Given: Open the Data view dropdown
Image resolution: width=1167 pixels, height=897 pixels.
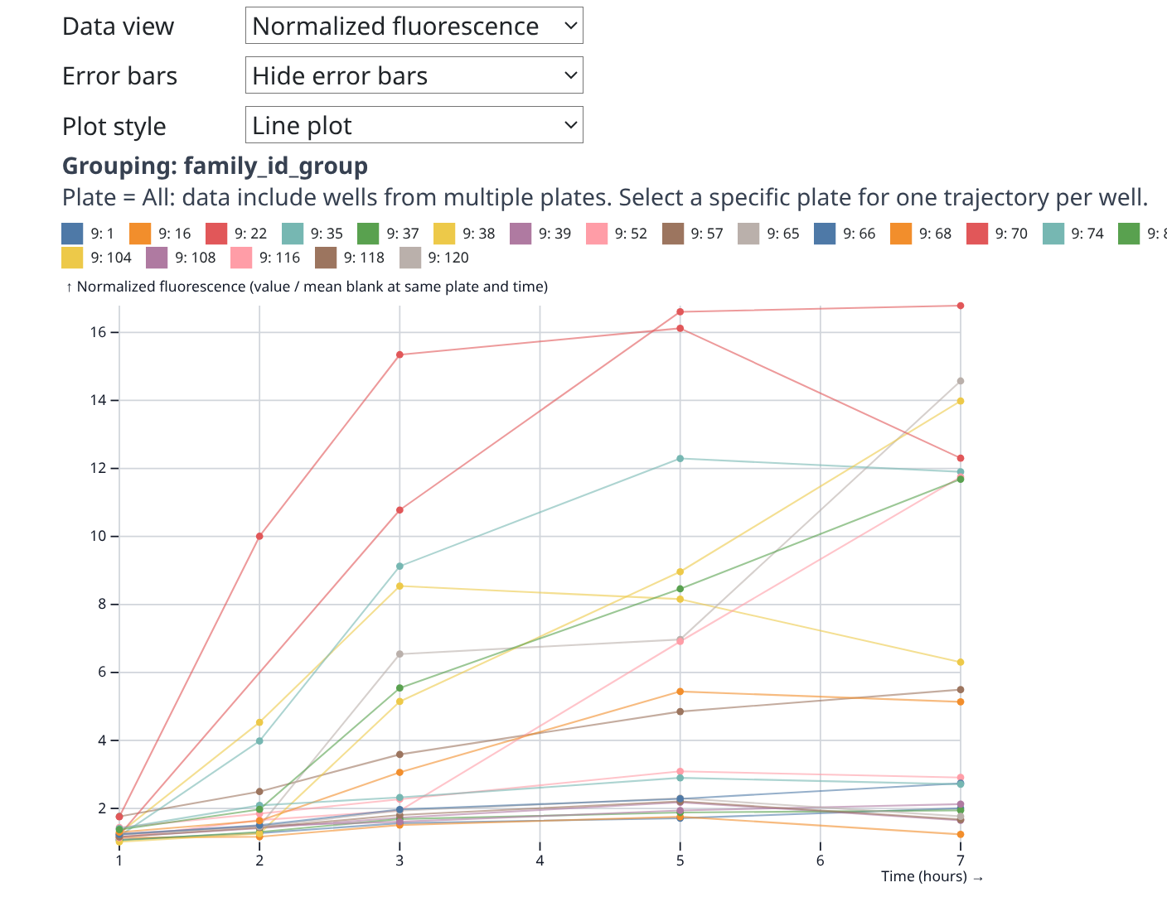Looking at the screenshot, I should pyautogui.click(x=414, y=26).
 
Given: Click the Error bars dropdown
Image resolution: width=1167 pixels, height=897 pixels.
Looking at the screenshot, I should pyautogui.click(x=414, y=75).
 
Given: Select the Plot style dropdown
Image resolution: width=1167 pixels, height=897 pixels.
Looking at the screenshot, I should pyautogui.click(x=414, y=125).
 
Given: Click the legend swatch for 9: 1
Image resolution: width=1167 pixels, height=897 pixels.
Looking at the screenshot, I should pyautogui.click(x=73, y=234).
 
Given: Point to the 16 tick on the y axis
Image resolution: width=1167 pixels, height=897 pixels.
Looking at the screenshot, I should pyautogui.click(x=99, y=332).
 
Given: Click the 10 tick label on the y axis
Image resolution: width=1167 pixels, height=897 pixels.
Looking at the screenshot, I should pyautogui.click(x=99, y=537).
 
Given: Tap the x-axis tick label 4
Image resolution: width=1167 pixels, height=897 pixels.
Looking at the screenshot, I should pyautogui.click(x=540, y=861).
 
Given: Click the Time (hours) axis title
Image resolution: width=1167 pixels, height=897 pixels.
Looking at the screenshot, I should pyautogui.click(x=923, y=876).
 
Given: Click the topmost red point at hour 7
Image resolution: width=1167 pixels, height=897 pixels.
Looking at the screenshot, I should pyautogui.click(x=961, y=306).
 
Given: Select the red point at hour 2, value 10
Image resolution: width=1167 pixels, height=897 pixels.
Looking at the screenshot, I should pyautogui.click(x=259, y=537).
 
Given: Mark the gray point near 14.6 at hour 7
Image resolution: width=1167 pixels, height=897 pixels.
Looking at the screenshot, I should pyautogui.click(x=961, y=381).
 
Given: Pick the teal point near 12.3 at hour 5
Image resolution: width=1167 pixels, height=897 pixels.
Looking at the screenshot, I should pyautogui.click(x=680, y=458).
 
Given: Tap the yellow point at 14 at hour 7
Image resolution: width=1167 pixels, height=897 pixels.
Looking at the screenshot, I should pyautogui.click(x=961, y=401).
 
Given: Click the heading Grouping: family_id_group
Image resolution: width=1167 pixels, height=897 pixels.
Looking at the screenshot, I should pyautogui.click(x=215, y=166).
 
